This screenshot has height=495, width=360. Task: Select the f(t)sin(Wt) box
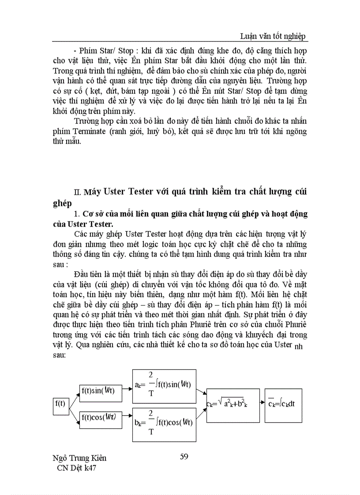point(101,390)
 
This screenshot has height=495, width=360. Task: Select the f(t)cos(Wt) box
point(101,417)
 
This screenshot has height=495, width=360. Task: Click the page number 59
point(184,456)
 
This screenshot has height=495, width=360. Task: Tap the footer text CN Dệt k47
point(74,468)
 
